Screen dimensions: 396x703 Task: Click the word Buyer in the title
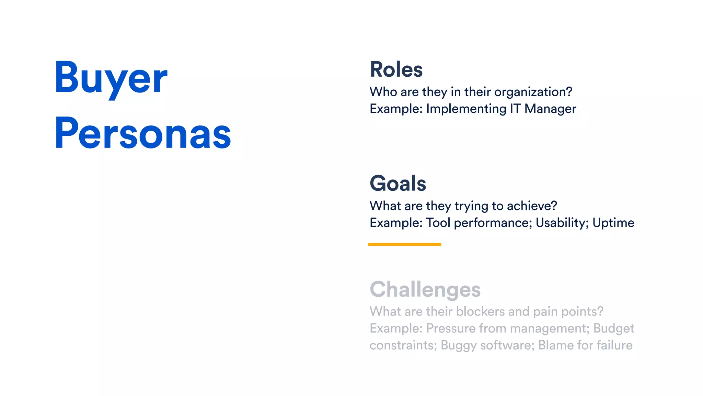(111, 78)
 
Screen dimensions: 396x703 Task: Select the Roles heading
(396, 69)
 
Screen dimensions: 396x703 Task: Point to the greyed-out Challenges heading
(425, 289)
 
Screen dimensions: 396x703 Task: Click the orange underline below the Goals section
(404, 244)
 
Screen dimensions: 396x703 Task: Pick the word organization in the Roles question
(533, 92)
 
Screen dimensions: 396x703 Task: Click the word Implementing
(466, 109)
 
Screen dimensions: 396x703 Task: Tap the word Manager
(550, 109)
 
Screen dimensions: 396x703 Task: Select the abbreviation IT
(515, 109)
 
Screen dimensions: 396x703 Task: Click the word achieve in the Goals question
(532, 206)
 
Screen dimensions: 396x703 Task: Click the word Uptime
(613, 223)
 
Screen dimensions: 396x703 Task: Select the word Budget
(614, 329)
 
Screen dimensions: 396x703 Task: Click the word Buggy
(459, 345)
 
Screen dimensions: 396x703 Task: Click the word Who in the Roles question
(383, 92)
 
